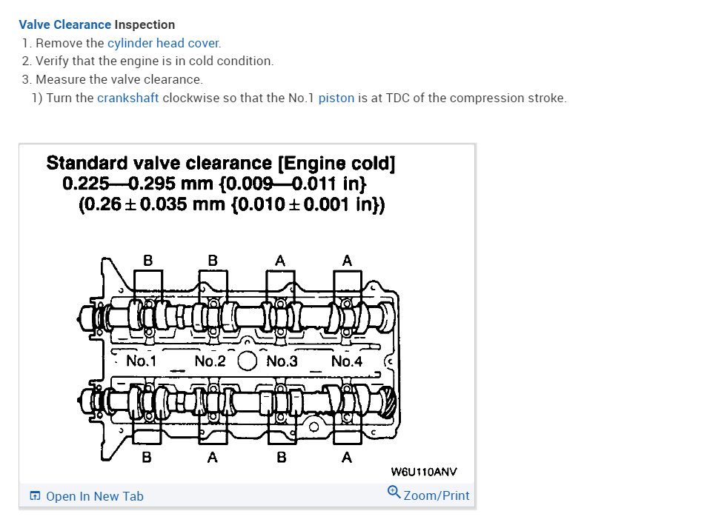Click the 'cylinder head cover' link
[x=164, y=43]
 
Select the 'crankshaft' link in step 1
[x=127, y=98]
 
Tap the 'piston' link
[x=336, y=98]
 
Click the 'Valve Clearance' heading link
[x=65, y=24]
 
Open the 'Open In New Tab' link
[x=95, y=496]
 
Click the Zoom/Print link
[x=436, y=495]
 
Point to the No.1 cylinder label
[x=141, y=361]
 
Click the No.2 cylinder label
[x=210, y=361]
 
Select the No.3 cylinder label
[x=282, y=361]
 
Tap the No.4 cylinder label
[x=347, y=361]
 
